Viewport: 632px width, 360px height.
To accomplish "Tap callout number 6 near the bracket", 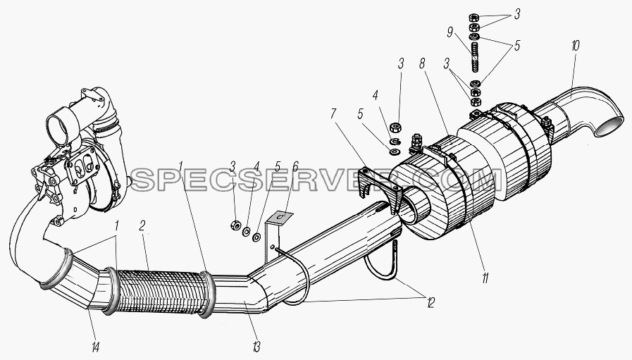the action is click(295, 166).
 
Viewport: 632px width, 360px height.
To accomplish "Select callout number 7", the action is click(333, 114).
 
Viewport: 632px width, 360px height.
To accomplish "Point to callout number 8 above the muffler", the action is click(423, 64).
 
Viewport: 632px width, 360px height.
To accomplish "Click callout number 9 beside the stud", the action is click(450, 32).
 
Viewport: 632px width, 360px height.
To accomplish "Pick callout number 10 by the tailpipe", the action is click(575, 46).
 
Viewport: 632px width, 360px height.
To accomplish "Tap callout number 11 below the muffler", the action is click(485, 278).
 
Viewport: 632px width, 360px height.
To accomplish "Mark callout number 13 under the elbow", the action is click(256, 347).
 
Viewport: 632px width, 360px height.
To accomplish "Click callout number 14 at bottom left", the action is click(95, 347).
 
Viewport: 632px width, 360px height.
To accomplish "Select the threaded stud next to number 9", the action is click(474, 57).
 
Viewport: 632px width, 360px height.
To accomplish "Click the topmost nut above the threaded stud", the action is click(473, 18).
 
